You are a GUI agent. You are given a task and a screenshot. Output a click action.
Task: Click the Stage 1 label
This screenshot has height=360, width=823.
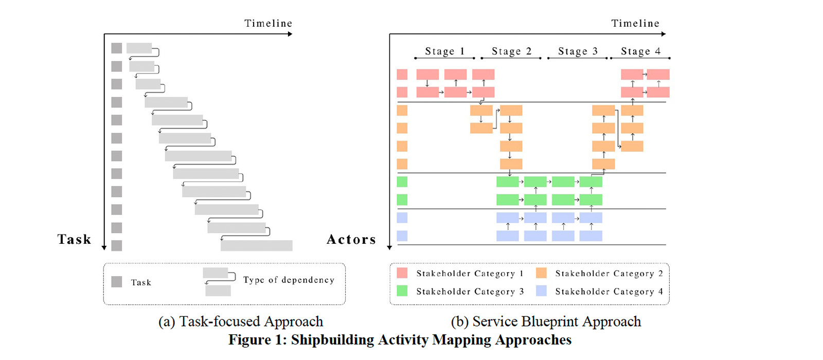pyautogui.click(x=444, y=51)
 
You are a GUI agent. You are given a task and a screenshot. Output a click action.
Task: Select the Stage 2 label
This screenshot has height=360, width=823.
pyautogui.click(x=511, y=51)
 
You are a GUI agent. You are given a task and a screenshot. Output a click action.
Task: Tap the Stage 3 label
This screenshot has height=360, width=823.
pyautogui.click(x=578, y=51)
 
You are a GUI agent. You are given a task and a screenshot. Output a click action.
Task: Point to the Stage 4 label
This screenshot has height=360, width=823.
pyautogui.click(x=640, y=51)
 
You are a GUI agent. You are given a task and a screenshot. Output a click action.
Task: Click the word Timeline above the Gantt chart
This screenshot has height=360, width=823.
pyautogui.click(x=268, y=23)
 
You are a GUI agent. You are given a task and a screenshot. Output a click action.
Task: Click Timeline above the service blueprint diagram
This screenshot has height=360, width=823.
pyautogui.click(x=635, y=23)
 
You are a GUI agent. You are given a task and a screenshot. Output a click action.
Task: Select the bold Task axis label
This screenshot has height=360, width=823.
pyautogui.click(x=74, y=239)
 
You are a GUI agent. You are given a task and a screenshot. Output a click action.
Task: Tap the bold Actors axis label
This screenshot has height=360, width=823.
pyautogui.click(x=351, y=239)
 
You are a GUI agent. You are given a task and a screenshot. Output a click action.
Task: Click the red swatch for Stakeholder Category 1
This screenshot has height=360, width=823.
pyautogui.click(x=402, y=273)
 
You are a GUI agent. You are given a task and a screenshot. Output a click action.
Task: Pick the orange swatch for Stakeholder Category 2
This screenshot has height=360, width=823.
pyautogui.click(x=541, y=273)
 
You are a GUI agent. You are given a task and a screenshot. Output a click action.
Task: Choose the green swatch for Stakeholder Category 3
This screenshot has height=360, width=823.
pyautogui.click(x=402, y=291)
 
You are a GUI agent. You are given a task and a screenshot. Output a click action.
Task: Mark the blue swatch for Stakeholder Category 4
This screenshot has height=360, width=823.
pyautogui.click(x=541, y=291)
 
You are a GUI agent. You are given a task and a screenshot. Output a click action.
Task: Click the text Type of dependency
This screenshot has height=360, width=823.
pyautogui.click(x=289, y=280)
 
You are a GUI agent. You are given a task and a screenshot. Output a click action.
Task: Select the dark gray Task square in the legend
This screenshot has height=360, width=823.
pyautogui.click(x=117, y=282)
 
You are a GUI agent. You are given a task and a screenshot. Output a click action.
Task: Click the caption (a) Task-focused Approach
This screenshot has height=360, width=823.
pyautogui.click(x=241, y=321)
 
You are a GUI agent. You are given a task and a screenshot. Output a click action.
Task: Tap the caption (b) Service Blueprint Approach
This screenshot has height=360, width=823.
pyautogui.click(x=546, y=321)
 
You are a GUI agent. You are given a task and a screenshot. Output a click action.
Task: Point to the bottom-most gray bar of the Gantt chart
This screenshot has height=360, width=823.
pyautogui.click(x=256, y=246)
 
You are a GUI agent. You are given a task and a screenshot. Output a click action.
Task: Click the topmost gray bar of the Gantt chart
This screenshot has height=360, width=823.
pyautogui.click(x=139, y=48)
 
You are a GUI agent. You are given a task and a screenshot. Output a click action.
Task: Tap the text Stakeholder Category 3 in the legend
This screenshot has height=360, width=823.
pyautogui.click(x=470, y=292)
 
